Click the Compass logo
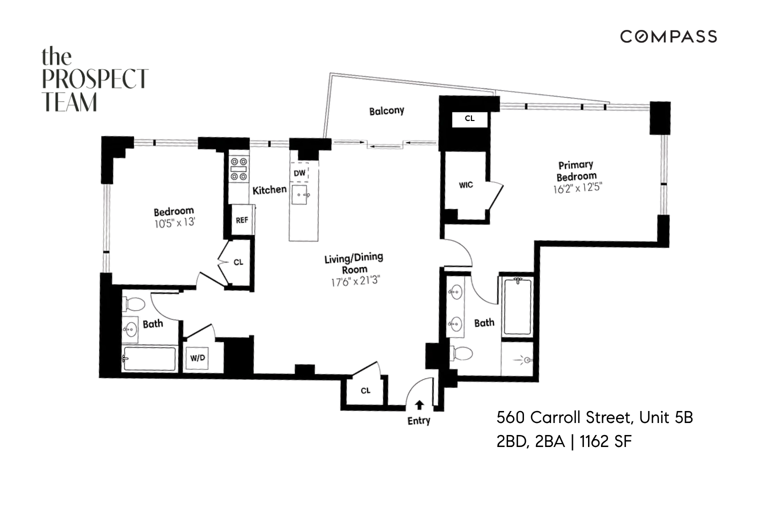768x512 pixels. click(x=668, y=36)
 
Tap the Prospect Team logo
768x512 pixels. click(x=94, y=79)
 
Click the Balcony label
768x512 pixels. click(x=386, y=110)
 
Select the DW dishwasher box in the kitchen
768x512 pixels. click(x=299, y=173)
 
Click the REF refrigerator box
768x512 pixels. click(x=242, y=219)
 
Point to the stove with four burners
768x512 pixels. click(x=239, y=169)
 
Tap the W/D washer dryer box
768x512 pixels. click(x=197, y=358)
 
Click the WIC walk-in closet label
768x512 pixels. click(x=465, y=185)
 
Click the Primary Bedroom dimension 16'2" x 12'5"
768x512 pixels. click(x=577, y=189)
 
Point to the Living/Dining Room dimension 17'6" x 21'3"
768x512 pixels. click(x=355, y=281)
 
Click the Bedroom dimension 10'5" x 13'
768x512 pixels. click(x=174, y=223)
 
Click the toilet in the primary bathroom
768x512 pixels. click(x=462, y=353)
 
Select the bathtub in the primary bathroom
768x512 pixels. click(x=517, y=306)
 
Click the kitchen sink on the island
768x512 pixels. click(x=301, y=195)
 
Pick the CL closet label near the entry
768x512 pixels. click(x=365, y=390)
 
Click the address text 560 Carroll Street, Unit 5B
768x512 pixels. click(x=594, y=417)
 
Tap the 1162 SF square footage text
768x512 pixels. click(x=606, y=441)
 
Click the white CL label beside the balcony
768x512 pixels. click(x=469, y=119)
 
